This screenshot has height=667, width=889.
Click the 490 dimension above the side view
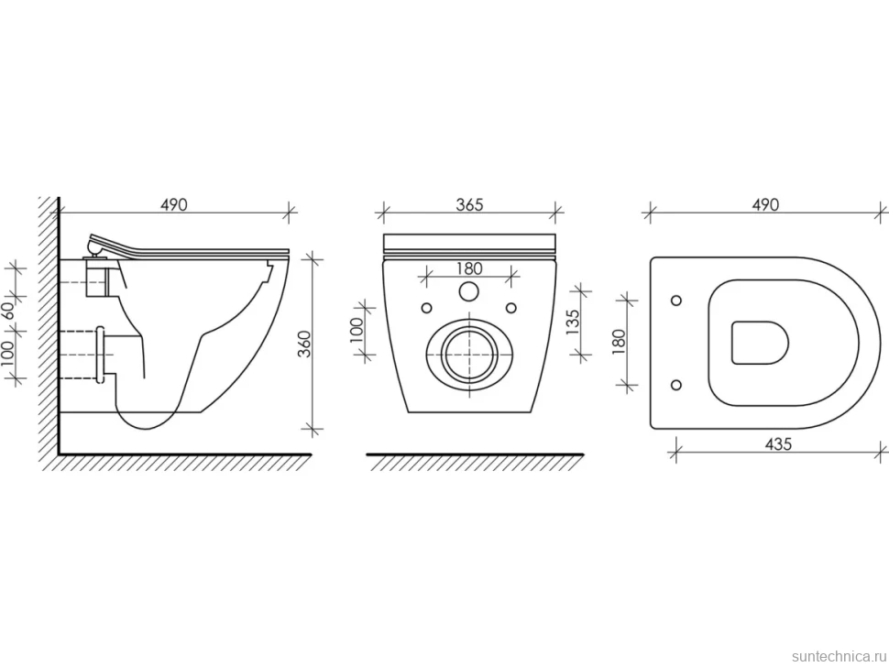pyautogui.click(x=173, y=204)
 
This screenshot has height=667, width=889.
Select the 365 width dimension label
pyautogui.click(x=470, y=204)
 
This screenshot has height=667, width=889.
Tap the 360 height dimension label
pyautogui.click(x=305, y=344)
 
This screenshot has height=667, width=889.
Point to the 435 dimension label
pyautogui.click(x=778, y=443)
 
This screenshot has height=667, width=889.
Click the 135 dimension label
pyautogui.click(x=573, y=322)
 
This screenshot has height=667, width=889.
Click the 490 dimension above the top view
pyautogui.click(x=765, y=204)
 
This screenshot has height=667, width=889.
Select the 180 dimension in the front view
pyautogui.click(x=469, y=268)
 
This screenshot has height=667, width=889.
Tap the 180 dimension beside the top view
pyautogui.click(x=619, y=343)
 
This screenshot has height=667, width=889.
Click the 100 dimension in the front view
pyautogui.click(x=356, y=331)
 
